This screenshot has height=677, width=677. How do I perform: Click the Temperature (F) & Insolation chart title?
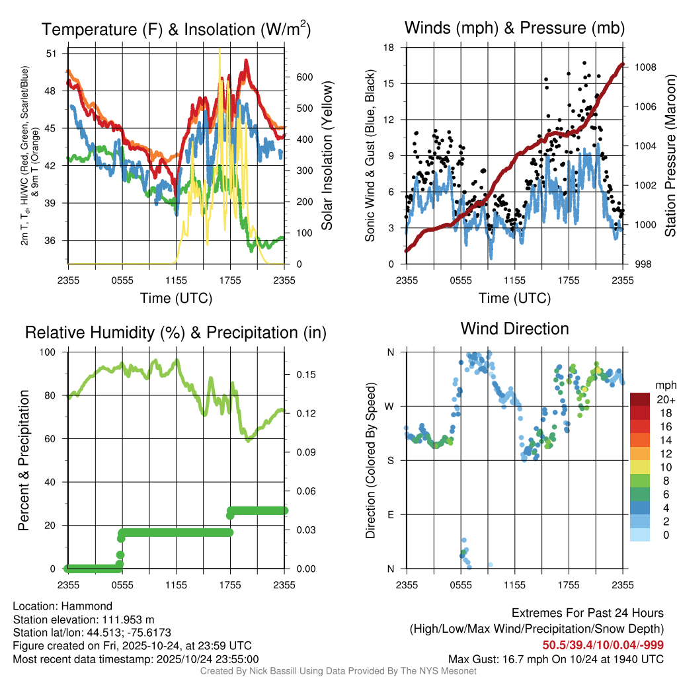[176, 29]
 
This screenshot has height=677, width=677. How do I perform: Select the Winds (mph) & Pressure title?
[514, 28]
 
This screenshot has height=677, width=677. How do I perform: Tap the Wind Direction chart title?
[514, 328]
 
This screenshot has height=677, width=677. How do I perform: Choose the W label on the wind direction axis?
[390, 406]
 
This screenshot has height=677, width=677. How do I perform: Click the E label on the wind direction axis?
[390, 514]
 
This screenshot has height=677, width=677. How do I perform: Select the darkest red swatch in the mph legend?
[640, 399]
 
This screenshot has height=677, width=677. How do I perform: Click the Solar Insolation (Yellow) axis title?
[327, 156]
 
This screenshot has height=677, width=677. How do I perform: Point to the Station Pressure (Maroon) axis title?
[669, 156]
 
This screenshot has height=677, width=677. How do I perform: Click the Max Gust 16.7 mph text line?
[556, 659]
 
